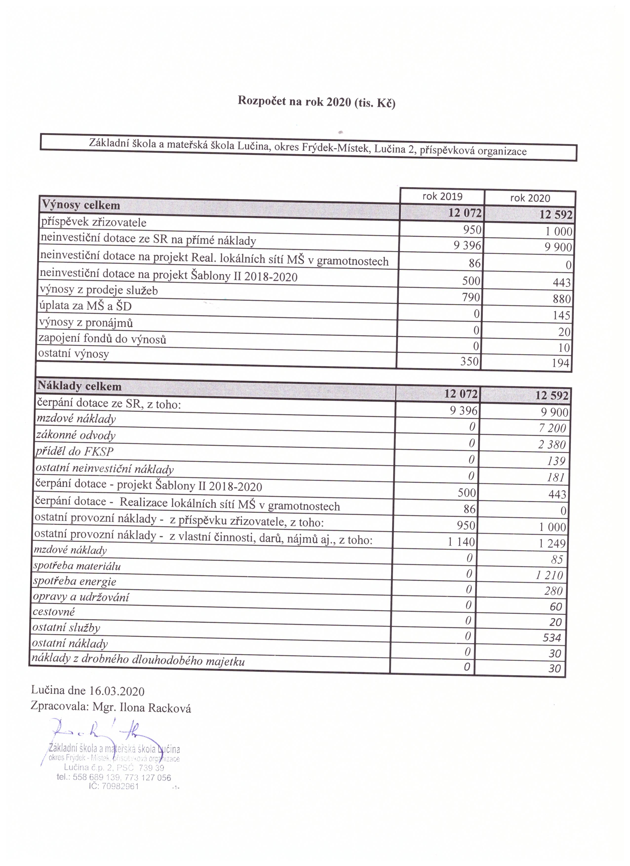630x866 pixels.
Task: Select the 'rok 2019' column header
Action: [x=442, y=197]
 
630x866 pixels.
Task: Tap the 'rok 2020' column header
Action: [x=530, y=198]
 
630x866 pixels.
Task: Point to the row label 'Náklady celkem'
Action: [x=79, y=386]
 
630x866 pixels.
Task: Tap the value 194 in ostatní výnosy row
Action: [x=560, y=363]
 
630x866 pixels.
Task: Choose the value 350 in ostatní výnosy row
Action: [x=469, y=361]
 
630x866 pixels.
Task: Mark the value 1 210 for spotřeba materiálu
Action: [x=549, y=575]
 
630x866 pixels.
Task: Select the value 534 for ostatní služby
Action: [x=552, y=638]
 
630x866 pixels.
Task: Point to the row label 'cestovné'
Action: [x=54, y=612]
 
